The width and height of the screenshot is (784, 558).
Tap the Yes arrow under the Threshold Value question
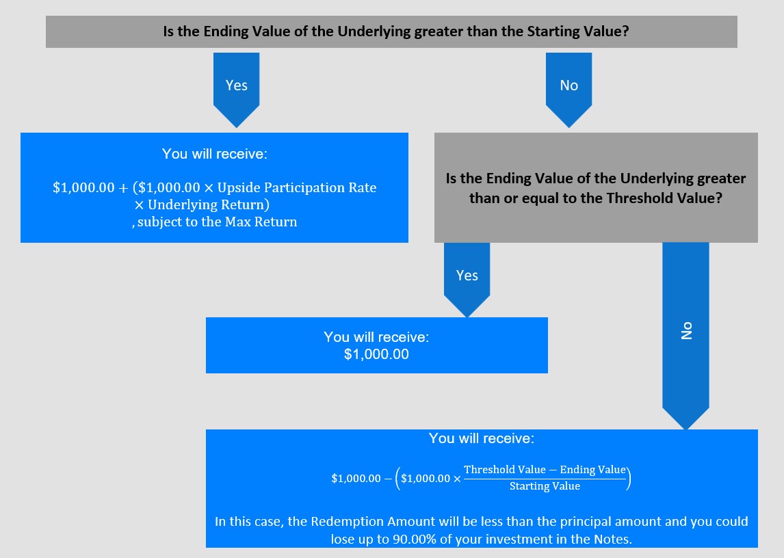(x=467, y=279)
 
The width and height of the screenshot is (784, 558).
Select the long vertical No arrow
(x=685, y=335)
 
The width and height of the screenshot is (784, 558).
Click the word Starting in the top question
(x=554, y=31)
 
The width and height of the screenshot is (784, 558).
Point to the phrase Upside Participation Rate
(x=297, y=187)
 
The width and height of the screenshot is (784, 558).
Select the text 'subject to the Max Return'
(x=217, y=222)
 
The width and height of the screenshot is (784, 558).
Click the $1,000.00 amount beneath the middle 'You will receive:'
(x=376, y=354)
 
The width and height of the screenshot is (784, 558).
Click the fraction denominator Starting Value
(x=545, y=486)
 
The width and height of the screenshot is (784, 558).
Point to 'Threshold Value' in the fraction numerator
(x=504, y=470)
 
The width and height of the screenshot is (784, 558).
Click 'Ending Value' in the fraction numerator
(x=592, y=470)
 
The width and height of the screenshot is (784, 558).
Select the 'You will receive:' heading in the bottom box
(x=482, y=438)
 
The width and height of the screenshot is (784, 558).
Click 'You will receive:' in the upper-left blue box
(x=215, y=154)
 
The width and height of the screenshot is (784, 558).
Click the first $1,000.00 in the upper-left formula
(x=83, y=188)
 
